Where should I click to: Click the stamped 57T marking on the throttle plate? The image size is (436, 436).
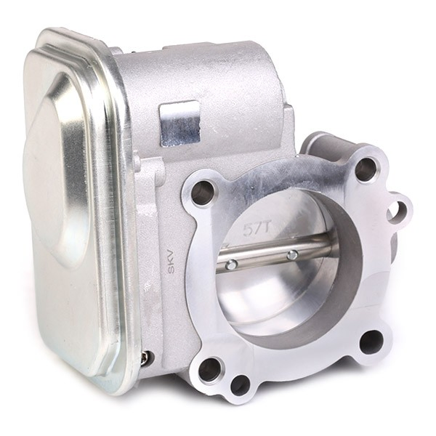[257, 229]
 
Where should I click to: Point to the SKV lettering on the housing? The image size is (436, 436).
[172, 261]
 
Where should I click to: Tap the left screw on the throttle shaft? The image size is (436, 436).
[231, 265]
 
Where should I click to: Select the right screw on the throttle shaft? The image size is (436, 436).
[292, 254]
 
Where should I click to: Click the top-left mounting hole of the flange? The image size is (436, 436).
[203, 192]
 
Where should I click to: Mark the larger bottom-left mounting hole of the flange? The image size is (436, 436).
[210, 370]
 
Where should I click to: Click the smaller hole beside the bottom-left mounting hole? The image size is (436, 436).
[241, 386]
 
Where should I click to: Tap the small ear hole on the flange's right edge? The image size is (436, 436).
[399, 210]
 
